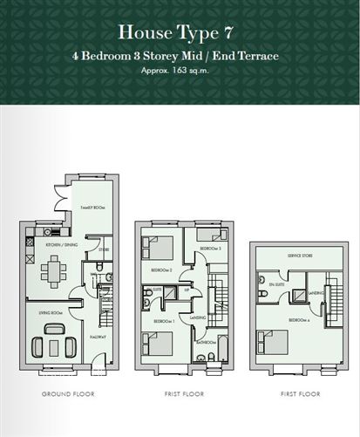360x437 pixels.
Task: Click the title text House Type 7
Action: pos(180,32)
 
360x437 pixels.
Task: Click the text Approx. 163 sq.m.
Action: pos(180,69)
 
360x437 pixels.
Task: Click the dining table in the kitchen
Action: pos(51,275)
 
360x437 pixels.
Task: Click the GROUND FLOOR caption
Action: pos(69,394)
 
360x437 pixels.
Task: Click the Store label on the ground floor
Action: pos(103,250)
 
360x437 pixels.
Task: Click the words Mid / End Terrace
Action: pos(235,55)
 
